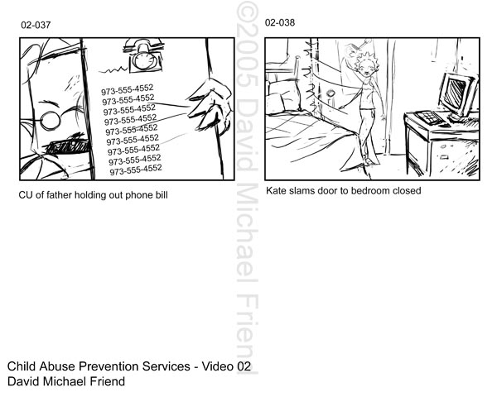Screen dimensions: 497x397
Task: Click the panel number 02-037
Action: coord(36,25)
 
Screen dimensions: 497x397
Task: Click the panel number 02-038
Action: coord(280,22)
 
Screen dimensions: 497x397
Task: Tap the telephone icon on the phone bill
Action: coord(143,55)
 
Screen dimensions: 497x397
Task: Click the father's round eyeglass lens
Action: coord(50,120)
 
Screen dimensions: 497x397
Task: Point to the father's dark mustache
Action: coord(67,146)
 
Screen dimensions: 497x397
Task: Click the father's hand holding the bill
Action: coord(210,104)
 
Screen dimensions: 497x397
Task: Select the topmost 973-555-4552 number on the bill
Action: coord(127,89)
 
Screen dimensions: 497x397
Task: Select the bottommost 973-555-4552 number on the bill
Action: coord(136,170)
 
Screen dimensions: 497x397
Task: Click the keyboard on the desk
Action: coord(428,117)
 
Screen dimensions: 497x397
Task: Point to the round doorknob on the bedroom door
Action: coord(331,94)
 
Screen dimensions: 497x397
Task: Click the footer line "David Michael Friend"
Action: coord(66,381)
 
